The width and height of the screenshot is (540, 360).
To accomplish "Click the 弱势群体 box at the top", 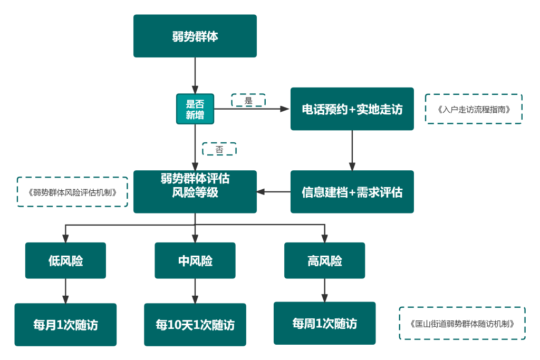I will (x=195, y=36).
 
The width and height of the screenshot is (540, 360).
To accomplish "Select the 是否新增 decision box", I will (x=195, y=109).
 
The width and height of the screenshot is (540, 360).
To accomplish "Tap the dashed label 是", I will (x=248, y=100).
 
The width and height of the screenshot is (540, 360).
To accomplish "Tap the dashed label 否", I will (x=219, y=149).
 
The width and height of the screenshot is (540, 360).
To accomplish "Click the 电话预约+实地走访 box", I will (x=352, y=109).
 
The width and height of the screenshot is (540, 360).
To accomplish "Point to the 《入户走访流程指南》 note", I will (x=474, y=109).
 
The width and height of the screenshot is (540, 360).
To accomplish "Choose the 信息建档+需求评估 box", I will (x=352, y=192).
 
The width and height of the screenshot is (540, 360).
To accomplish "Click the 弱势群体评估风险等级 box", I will (x=195, y=192).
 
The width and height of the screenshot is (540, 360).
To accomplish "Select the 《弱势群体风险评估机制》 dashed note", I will (x=72, y=192).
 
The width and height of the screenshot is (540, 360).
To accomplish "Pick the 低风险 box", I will (x=65, y=260).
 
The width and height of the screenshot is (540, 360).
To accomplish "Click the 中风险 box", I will (x=195, y=260).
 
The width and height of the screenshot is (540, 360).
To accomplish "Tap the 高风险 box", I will (x=324, y=260).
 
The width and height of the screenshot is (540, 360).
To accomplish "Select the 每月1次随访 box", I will (x=65, y=325).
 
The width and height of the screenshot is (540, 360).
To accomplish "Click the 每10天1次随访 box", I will (x=195, y=325).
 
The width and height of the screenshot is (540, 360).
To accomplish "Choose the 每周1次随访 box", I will (x=324, y=323).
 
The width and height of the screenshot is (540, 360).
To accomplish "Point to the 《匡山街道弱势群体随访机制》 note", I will (x=462, y=323).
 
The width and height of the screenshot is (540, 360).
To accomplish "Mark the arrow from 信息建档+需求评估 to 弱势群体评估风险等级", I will (x=274, y=192).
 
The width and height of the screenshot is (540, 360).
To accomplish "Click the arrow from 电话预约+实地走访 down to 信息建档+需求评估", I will (x=352, y=150).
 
